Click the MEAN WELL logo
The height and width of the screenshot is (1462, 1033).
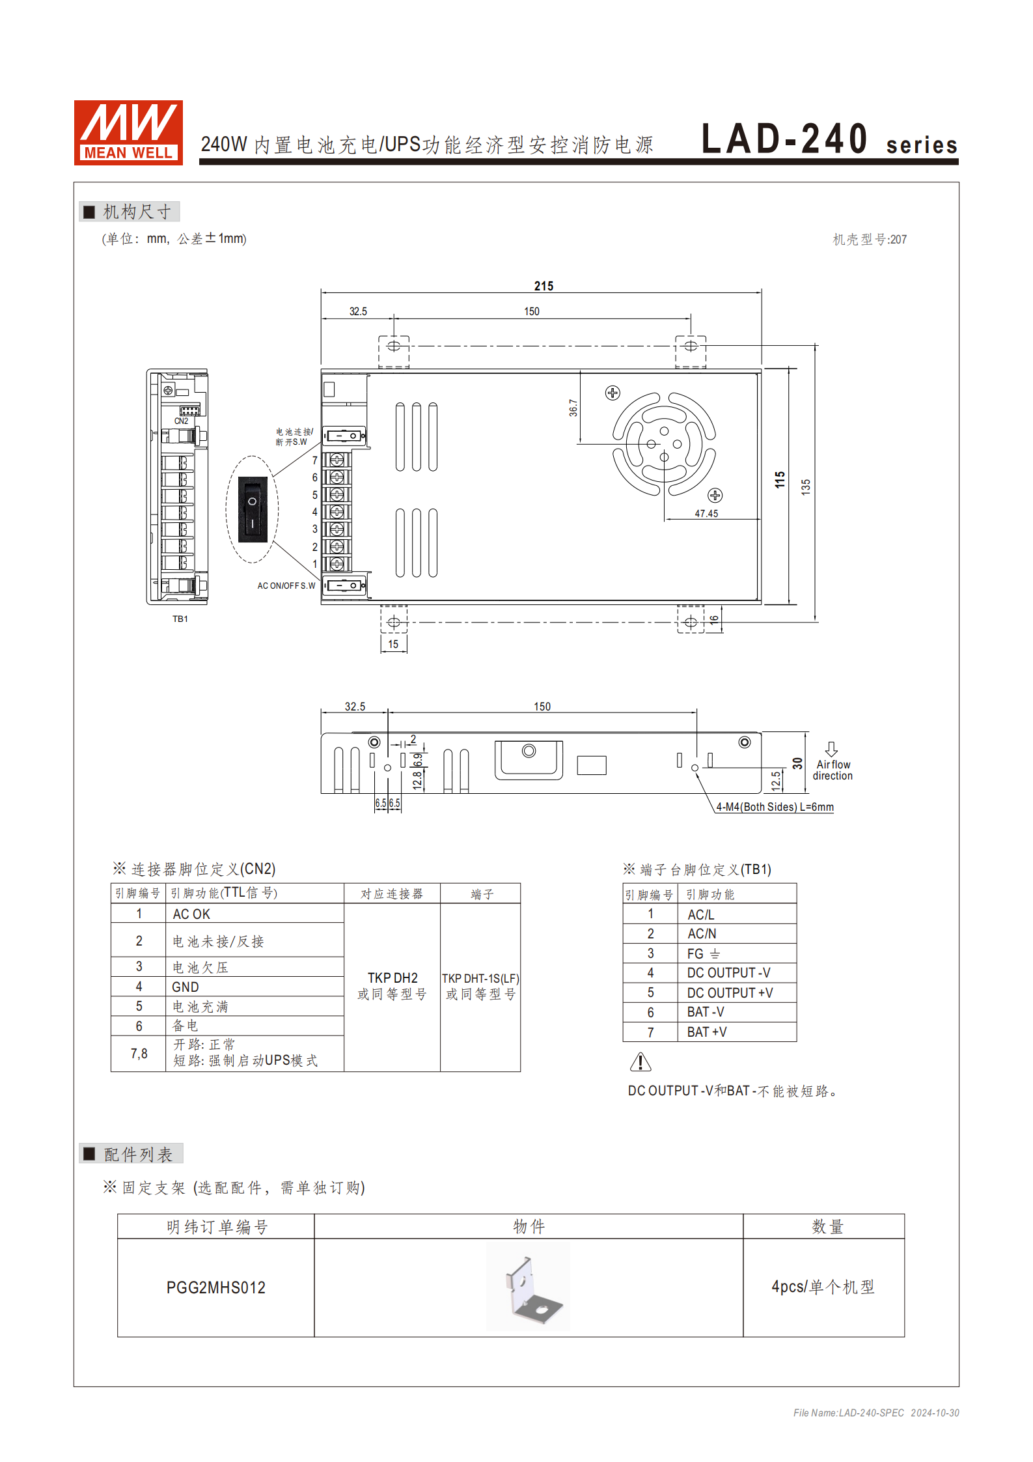coord(128,132)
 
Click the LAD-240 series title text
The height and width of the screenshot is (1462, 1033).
coord(829,139)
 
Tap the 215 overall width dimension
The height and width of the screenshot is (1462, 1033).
coord(544,286)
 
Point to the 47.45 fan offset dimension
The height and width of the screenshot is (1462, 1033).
coord(706,513)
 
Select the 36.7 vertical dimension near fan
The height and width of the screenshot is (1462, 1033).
coord(573,408)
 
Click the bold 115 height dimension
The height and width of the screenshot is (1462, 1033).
coord(780,480)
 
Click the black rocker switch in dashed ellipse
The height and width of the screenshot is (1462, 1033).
coord(253,509)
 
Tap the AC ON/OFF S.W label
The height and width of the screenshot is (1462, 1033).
coord(286,585)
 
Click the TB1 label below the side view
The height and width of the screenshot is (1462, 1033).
coord(180,619)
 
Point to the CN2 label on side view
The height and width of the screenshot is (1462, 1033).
coord(181,421)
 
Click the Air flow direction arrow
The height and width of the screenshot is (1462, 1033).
coord(831,749)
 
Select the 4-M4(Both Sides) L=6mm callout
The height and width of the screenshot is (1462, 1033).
coord(775,807)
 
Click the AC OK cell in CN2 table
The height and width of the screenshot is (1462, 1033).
coord(191,914)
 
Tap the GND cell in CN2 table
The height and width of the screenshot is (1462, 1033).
coord(186,987)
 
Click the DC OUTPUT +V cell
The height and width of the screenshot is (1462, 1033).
coord(730,992)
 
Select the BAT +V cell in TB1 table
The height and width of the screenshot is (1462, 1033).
coord(707,1032)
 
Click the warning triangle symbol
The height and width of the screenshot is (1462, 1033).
coord(640,1062)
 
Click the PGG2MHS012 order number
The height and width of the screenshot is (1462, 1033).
coord(216,1287)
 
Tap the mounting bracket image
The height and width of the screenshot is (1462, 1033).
coord(528,1286)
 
